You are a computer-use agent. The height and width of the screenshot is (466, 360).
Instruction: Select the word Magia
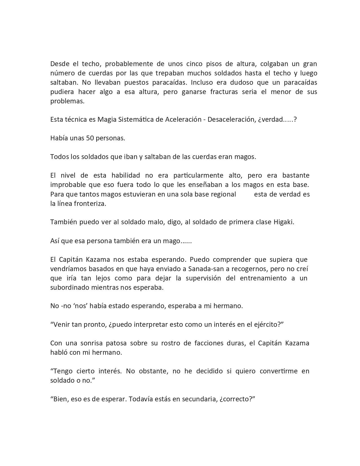(107, 119)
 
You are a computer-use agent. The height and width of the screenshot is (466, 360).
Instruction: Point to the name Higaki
(283, 222)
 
